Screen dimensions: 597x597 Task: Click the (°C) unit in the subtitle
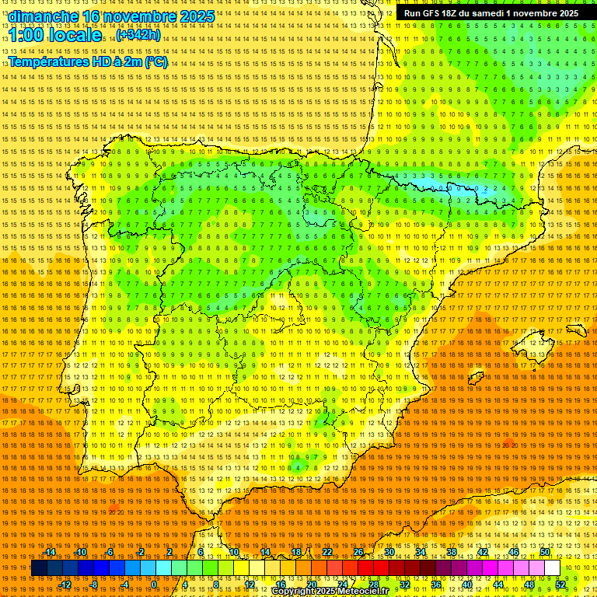point(155,61)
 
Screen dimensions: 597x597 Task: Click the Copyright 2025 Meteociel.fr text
point(330,591)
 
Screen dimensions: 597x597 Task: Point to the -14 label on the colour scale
point(51,552)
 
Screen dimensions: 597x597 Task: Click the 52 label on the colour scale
point(560,585)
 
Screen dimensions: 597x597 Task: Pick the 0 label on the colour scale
point(154,585)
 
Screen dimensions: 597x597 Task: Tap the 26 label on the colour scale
point(358,552)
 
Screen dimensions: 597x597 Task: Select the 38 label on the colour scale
point(452,552)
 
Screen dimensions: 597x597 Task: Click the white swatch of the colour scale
point(553,568)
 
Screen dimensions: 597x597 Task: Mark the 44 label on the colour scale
point(498,585)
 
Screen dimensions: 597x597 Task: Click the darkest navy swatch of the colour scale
point(40,568)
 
